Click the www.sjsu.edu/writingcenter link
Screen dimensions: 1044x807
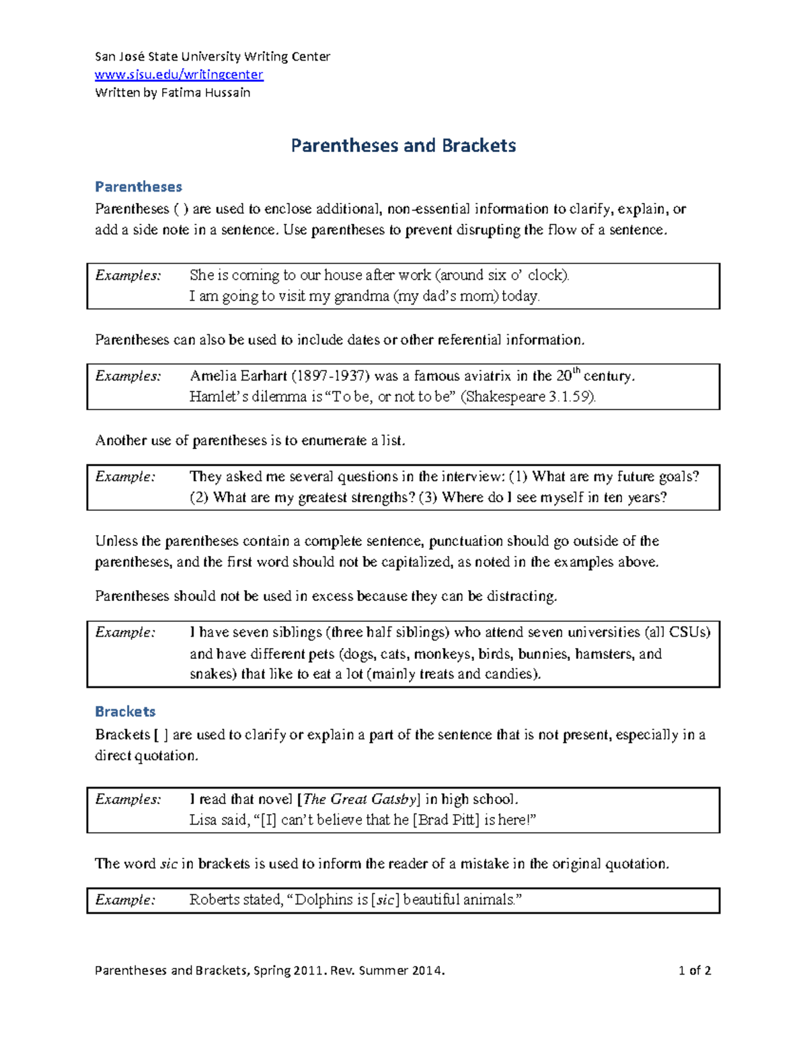click(179, 75)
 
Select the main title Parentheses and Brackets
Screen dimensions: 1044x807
click(403, 146)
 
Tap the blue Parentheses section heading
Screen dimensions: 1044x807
click(139, 187)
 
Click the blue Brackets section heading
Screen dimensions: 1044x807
click(125, 711)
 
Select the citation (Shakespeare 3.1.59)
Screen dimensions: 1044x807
click(528, 397)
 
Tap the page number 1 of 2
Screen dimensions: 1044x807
click(695, 971)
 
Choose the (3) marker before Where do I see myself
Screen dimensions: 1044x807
click(428, 498)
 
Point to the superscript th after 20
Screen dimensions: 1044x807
click(576, 370)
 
